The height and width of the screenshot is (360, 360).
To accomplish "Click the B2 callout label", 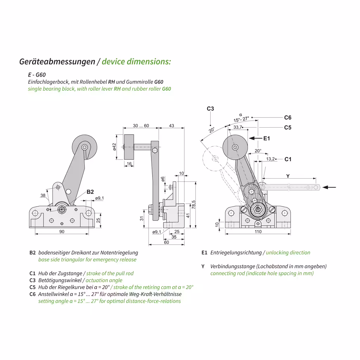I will click(90, 192).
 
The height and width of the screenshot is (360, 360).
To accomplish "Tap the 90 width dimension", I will click(62, 231).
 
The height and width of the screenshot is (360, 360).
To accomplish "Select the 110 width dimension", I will click(258, 232).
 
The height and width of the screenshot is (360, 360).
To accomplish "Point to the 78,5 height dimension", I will click(193, 204).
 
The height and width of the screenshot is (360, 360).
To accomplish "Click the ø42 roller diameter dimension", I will click(115, 147).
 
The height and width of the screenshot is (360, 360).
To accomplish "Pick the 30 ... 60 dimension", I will click(141, 126).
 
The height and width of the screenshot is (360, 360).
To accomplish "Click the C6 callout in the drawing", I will click(288, 118).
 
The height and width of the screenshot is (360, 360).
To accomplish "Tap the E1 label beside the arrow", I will click(267, 139).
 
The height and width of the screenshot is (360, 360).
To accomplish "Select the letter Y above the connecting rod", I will click(288, 176).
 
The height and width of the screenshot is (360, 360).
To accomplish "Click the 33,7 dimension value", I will click(238, 127).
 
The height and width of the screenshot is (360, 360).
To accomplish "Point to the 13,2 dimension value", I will click(270, 159).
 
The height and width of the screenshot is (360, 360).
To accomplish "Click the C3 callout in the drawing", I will click(210, 109).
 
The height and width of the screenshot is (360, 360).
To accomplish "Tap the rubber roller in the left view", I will click(85, 148).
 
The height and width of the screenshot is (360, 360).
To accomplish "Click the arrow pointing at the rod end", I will click(329, 187).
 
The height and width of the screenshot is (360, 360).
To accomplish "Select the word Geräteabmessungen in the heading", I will click(57, 62).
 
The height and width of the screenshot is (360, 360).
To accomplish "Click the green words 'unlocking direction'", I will click(288, 252).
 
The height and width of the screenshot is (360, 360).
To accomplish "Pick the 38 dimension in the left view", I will click(43, 195).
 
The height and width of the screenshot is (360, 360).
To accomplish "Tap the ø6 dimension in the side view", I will click(163, 179).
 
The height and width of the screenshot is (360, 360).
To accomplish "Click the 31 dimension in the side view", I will click(142, 218).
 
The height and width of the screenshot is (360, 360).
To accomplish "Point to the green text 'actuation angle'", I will click(104, 280).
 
